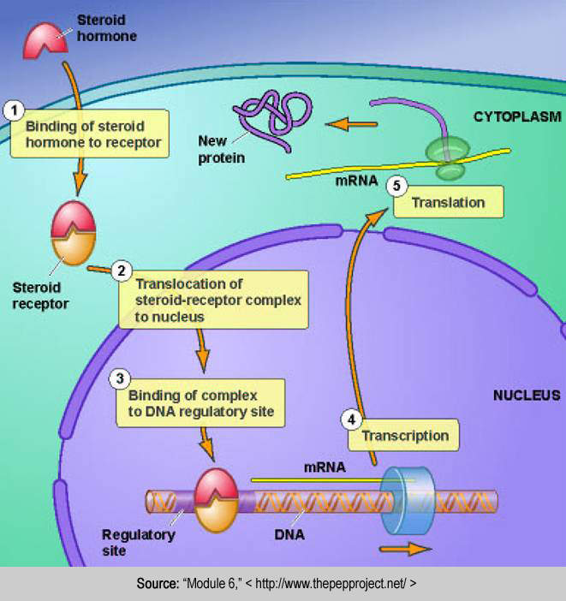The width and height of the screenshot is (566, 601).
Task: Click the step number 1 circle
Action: click(x=13, y=110)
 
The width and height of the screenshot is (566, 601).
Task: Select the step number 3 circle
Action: click(x=122, y=377)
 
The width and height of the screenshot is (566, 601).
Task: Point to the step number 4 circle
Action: click(x=351, y=420)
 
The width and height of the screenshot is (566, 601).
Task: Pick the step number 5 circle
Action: click(x=396, y=185)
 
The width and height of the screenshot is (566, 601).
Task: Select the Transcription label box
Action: click(x=404, y=435)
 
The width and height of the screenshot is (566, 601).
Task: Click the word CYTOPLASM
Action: click(x=515, y=116)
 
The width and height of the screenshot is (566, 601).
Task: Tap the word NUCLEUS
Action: click(x=526, y=396)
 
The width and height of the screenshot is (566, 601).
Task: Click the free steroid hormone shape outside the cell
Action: click(x=45, y=39)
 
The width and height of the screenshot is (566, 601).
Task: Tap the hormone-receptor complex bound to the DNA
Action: click(x=217, y=500)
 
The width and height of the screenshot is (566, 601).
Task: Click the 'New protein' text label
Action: click(x=221, y=149)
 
